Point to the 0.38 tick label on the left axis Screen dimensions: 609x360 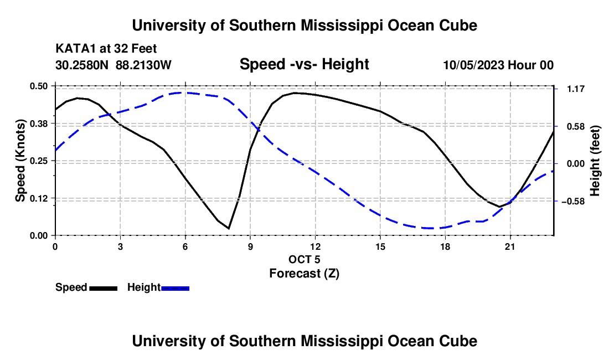[x=38, y=124]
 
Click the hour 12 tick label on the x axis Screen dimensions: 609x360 [x=316, y=246]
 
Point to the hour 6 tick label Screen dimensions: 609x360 [x=185, y=246]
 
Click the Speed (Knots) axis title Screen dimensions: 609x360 [x=20, y=161]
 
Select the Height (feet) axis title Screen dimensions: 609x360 [x=595, y=161]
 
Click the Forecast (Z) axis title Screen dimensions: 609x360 [x=304, y=274]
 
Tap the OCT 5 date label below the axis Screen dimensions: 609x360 [x=304, y=259]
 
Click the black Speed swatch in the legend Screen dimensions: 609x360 [x=104, y=289]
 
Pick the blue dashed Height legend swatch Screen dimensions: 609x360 [x=175, y=289]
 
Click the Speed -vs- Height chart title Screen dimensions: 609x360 [x=304, y=64]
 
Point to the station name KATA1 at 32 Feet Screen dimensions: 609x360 [x=106, y=49]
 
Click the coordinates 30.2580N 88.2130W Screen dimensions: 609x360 [x=113, y=65]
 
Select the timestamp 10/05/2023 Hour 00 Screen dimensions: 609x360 [x=498, y=65]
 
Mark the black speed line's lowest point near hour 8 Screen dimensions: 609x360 [x=229, y=228]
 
